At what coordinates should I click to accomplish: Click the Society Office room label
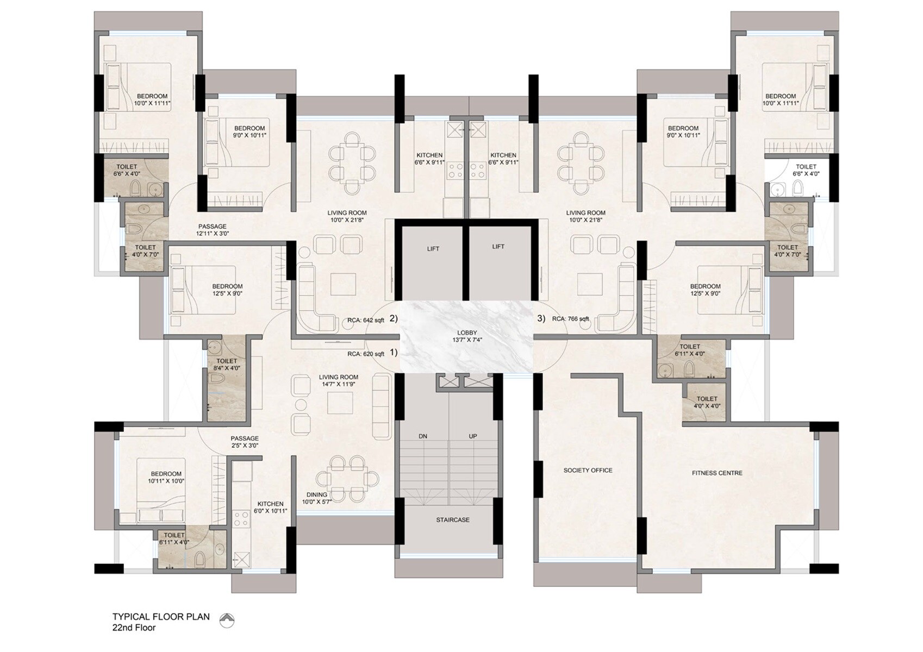pyautogui.click(x=588, y=471)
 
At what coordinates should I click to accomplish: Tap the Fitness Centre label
pyautogui.click(x=717, y=473)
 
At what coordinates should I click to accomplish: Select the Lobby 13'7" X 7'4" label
pyautogui.click(x=466, y=336)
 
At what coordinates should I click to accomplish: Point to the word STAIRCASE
pyautogui.click(x=452, y=520)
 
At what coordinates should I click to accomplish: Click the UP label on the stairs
pyautogui.click(x=473, y=436)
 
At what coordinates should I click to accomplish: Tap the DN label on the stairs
pyautogui.click(x=423, y=436)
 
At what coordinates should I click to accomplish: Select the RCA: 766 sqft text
pyautogui.click(x=570, y=319)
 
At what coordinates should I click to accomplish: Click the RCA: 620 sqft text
pyautogui.click(x=366, y=354)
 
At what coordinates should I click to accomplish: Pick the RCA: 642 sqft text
pyautogui.click(x=366, y=321)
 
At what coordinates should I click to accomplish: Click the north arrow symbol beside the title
pyautogui.click(x=227, y=619)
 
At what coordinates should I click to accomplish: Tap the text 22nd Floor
pyautogui.click(x=134, y=628)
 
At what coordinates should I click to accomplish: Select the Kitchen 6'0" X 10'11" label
pyautogui.click(x=270, y=507)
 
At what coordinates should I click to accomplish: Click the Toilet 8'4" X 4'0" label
pyautogui.click(x=227, y=365)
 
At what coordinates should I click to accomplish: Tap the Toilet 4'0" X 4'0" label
pyautogui.click(x=707, y=403)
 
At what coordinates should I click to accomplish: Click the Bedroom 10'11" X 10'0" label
pyautogui.click(x=166, y=477)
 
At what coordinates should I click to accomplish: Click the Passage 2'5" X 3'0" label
pyautogui.click(x=244, y=442)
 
